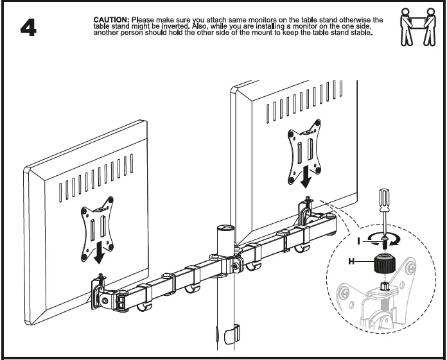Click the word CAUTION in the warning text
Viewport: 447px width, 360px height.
(x=110, y=21)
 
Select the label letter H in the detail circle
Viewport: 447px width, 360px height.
(x=351, y=261)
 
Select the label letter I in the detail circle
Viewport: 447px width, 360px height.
(x=359, y=241)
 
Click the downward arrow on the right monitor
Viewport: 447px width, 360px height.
(x=308, y=175)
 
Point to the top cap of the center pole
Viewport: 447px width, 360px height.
(x=224, y=228)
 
